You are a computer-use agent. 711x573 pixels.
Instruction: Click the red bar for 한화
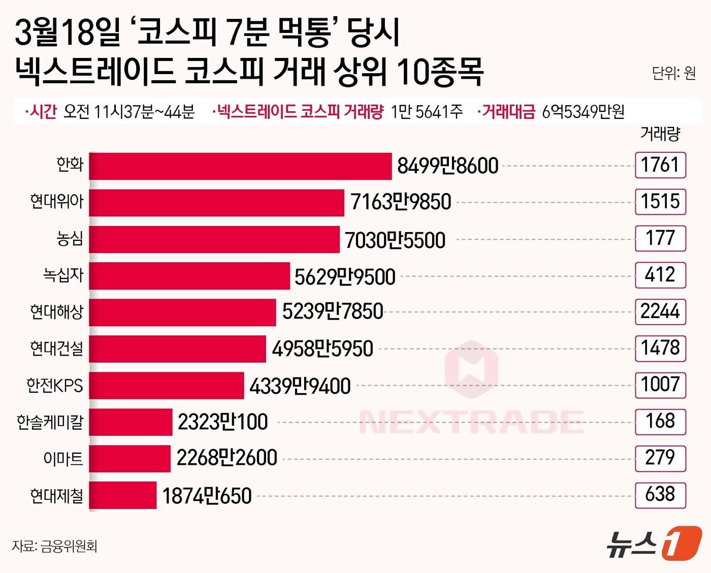[240, 166]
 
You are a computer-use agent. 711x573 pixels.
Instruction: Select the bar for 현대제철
[123, 495]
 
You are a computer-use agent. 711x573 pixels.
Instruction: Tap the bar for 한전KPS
[167, 386]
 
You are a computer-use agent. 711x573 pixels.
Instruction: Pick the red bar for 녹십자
[189, 276]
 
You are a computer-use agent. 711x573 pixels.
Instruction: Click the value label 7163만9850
[401, 202]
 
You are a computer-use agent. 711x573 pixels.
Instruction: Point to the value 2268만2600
[227, 458]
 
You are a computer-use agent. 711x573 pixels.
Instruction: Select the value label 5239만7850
[333, 311]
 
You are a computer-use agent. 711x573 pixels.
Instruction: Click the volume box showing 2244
[660, 311]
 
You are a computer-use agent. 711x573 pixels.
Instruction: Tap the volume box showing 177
[660, 238]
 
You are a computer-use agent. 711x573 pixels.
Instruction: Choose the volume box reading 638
[660, 495]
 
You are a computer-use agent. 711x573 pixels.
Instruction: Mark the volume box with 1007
[660, 385]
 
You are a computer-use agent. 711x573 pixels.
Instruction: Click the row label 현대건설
[56, 348]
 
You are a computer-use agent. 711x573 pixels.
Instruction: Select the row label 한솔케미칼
[50, 422]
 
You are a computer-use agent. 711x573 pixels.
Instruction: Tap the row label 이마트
[63, 459]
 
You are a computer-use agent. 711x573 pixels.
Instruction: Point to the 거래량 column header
[660, 134]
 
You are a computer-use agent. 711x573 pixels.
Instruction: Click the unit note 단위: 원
[673, 74]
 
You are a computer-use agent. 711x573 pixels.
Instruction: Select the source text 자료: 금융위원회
[54, 546]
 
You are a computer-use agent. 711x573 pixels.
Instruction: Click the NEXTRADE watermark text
[471, 422]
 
